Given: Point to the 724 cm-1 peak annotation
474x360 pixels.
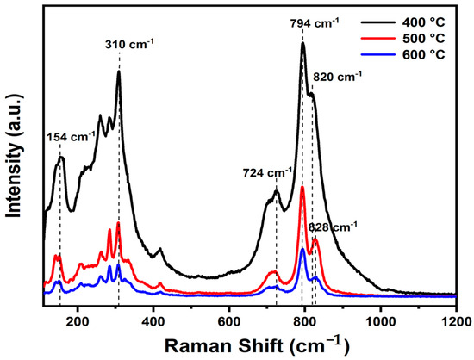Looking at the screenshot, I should (x=266, y=171).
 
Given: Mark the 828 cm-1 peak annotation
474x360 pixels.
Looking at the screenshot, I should (x=333, y=227).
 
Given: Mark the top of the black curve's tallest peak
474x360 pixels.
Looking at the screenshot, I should (x=302, y=44).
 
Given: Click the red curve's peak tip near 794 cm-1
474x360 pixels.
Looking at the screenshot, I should (x=302, y=187).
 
